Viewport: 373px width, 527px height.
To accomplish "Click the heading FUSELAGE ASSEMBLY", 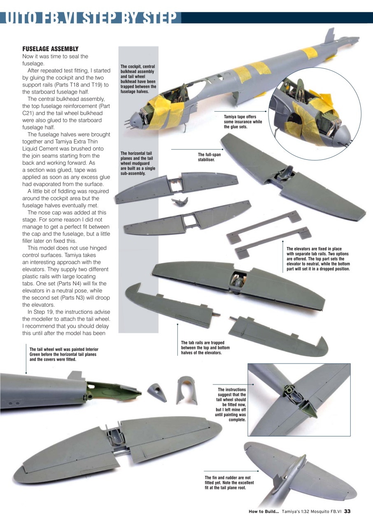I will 50,49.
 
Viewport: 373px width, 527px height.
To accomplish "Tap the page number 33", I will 347,511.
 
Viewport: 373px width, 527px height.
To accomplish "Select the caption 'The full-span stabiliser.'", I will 209,157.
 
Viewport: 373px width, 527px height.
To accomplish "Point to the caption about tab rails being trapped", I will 205,347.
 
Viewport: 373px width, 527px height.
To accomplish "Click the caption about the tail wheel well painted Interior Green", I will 64,354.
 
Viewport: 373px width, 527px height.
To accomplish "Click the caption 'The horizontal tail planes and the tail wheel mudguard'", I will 136,163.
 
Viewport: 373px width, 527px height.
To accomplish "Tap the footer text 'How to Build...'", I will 264,511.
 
